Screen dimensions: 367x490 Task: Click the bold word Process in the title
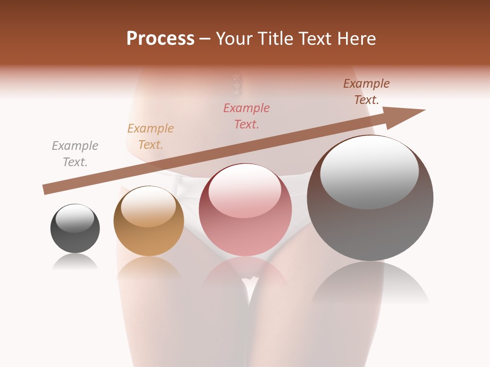click(160, 39)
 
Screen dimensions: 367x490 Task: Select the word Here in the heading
click(357, 39)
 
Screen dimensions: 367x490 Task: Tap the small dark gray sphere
click(75, 228)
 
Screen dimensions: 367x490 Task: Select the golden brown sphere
click(149, 221)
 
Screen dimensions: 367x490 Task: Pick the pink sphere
click(246, 209)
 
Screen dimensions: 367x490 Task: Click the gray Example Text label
click(75, 154)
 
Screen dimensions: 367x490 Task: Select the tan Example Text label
click(151, 137)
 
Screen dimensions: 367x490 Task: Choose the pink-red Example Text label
click(247, 116)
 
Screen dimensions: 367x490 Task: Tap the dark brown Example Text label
click(366, 92)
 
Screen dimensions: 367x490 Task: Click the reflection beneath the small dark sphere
click(75, 262)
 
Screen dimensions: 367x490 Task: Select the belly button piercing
click(236, 85)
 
